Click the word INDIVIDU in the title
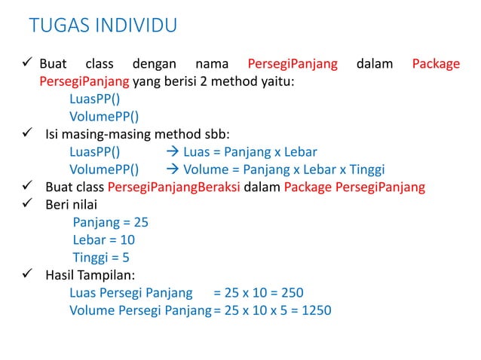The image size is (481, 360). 136,26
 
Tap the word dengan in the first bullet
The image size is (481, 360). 155,64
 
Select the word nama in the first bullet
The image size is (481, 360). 211,64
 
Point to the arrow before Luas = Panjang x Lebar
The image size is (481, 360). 171,152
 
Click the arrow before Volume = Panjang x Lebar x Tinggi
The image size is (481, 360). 171,169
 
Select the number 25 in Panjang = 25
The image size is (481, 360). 140,222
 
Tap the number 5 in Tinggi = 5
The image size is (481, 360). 126,257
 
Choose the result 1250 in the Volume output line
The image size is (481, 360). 316,310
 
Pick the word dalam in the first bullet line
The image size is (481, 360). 375,64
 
